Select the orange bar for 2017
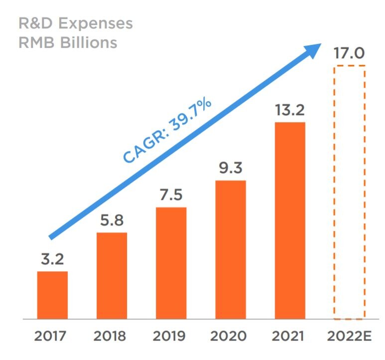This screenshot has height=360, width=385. coord(52,295)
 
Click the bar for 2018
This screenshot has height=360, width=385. coord(112,275)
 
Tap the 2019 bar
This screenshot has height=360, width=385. coord(171,263)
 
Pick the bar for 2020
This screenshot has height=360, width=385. coord(231,249)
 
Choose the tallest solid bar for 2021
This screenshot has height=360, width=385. coord(290,220)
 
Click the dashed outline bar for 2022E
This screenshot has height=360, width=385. coord(349,192)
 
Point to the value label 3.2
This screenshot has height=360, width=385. coord(52,260)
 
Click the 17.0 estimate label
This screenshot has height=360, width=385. coord(349,53)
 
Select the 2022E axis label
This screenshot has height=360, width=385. coord(349,336)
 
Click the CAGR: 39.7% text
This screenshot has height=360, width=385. coord(168,131)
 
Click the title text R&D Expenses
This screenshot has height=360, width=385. coord(76,23)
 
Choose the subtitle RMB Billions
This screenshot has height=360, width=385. coord(68,42)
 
